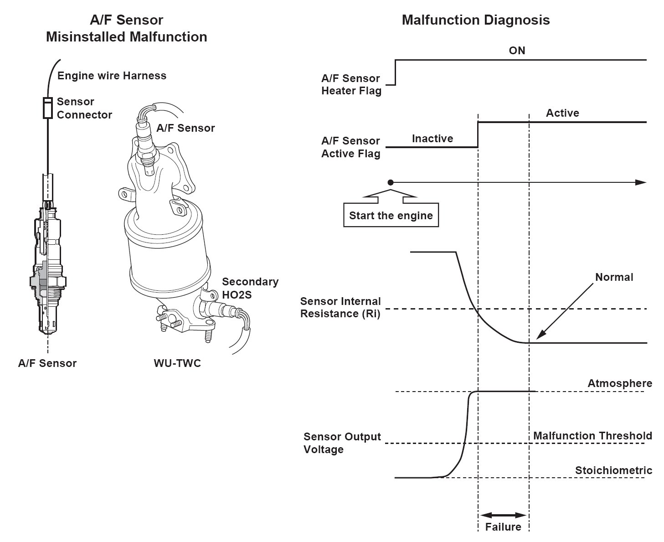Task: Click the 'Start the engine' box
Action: point(391,215)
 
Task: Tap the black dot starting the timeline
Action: point(391,182)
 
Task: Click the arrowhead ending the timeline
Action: point(641,182)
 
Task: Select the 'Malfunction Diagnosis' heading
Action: point(475,20)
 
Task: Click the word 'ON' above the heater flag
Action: point(517,50)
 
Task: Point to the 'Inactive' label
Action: point(432,139)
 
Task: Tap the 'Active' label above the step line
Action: point(562,113)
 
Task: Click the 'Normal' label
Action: point(614,277)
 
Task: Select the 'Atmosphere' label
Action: point(619,383)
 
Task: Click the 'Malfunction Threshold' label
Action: point(592,436)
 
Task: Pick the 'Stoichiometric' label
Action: point(613,470)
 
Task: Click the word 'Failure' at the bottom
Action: point(503,527)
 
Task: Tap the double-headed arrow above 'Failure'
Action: point(503,515)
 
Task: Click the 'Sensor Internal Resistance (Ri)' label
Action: point(340,307)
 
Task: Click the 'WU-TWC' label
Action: point(177,363)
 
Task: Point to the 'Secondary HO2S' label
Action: point(250,288)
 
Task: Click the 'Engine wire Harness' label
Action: point(112,75)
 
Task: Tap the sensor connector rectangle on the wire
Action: point(47,108)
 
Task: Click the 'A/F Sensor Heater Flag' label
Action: point(351,84)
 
